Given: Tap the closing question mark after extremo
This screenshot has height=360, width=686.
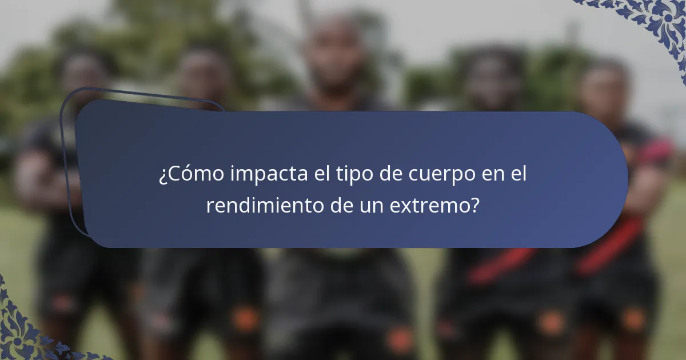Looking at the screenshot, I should [474, 206].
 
